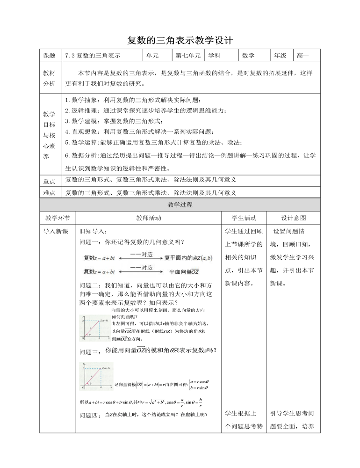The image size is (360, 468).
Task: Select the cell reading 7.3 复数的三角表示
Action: click(x=93, y=55)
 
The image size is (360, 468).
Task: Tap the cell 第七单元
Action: click(x=188, y=55)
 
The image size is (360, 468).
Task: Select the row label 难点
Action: click(x=49, y=192)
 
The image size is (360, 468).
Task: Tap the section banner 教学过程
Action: click(x=180, y=205)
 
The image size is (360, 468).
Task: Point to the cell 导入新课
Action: click(x=56, y=231)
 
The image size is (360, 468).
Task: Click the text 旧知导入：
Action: click(x=94, y=231)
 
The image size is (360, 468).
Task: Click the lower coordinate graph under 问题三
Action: click(x=96, y=377)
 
